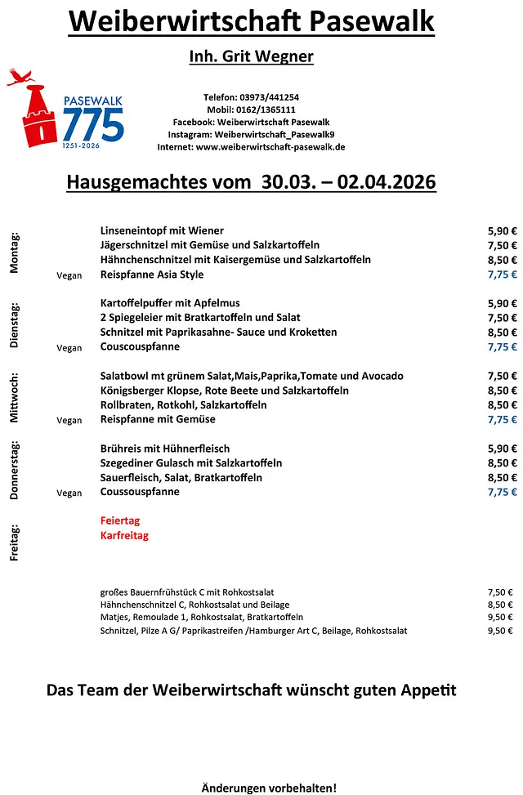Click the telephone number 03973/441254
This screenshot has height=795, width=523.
click(272, 96)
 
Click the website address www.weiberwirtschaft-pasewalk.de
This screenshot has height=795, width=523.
click(270, 147)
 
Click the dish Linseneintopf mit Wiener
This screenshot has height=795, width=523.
click(162, 230)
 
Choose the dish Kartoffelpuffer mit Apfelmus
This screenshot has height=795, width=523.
click(170, 303)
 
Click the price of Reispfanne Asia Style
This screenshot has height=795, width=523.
click(502, 275)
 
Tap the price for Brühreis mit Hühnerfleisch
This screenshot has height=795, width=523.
click(502, 449)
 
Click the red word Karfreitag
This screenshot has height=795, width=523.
click(124, 536)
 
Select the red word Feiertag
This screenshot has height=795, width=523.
click(120, 520)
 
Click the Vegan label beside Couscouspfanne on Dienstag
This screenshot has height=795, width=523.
click(69, 348)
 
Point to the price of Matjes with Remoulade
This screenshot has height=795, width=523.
click(499, 618)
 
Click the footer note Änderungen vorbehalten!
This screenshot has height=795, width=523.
click(269, 788)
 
